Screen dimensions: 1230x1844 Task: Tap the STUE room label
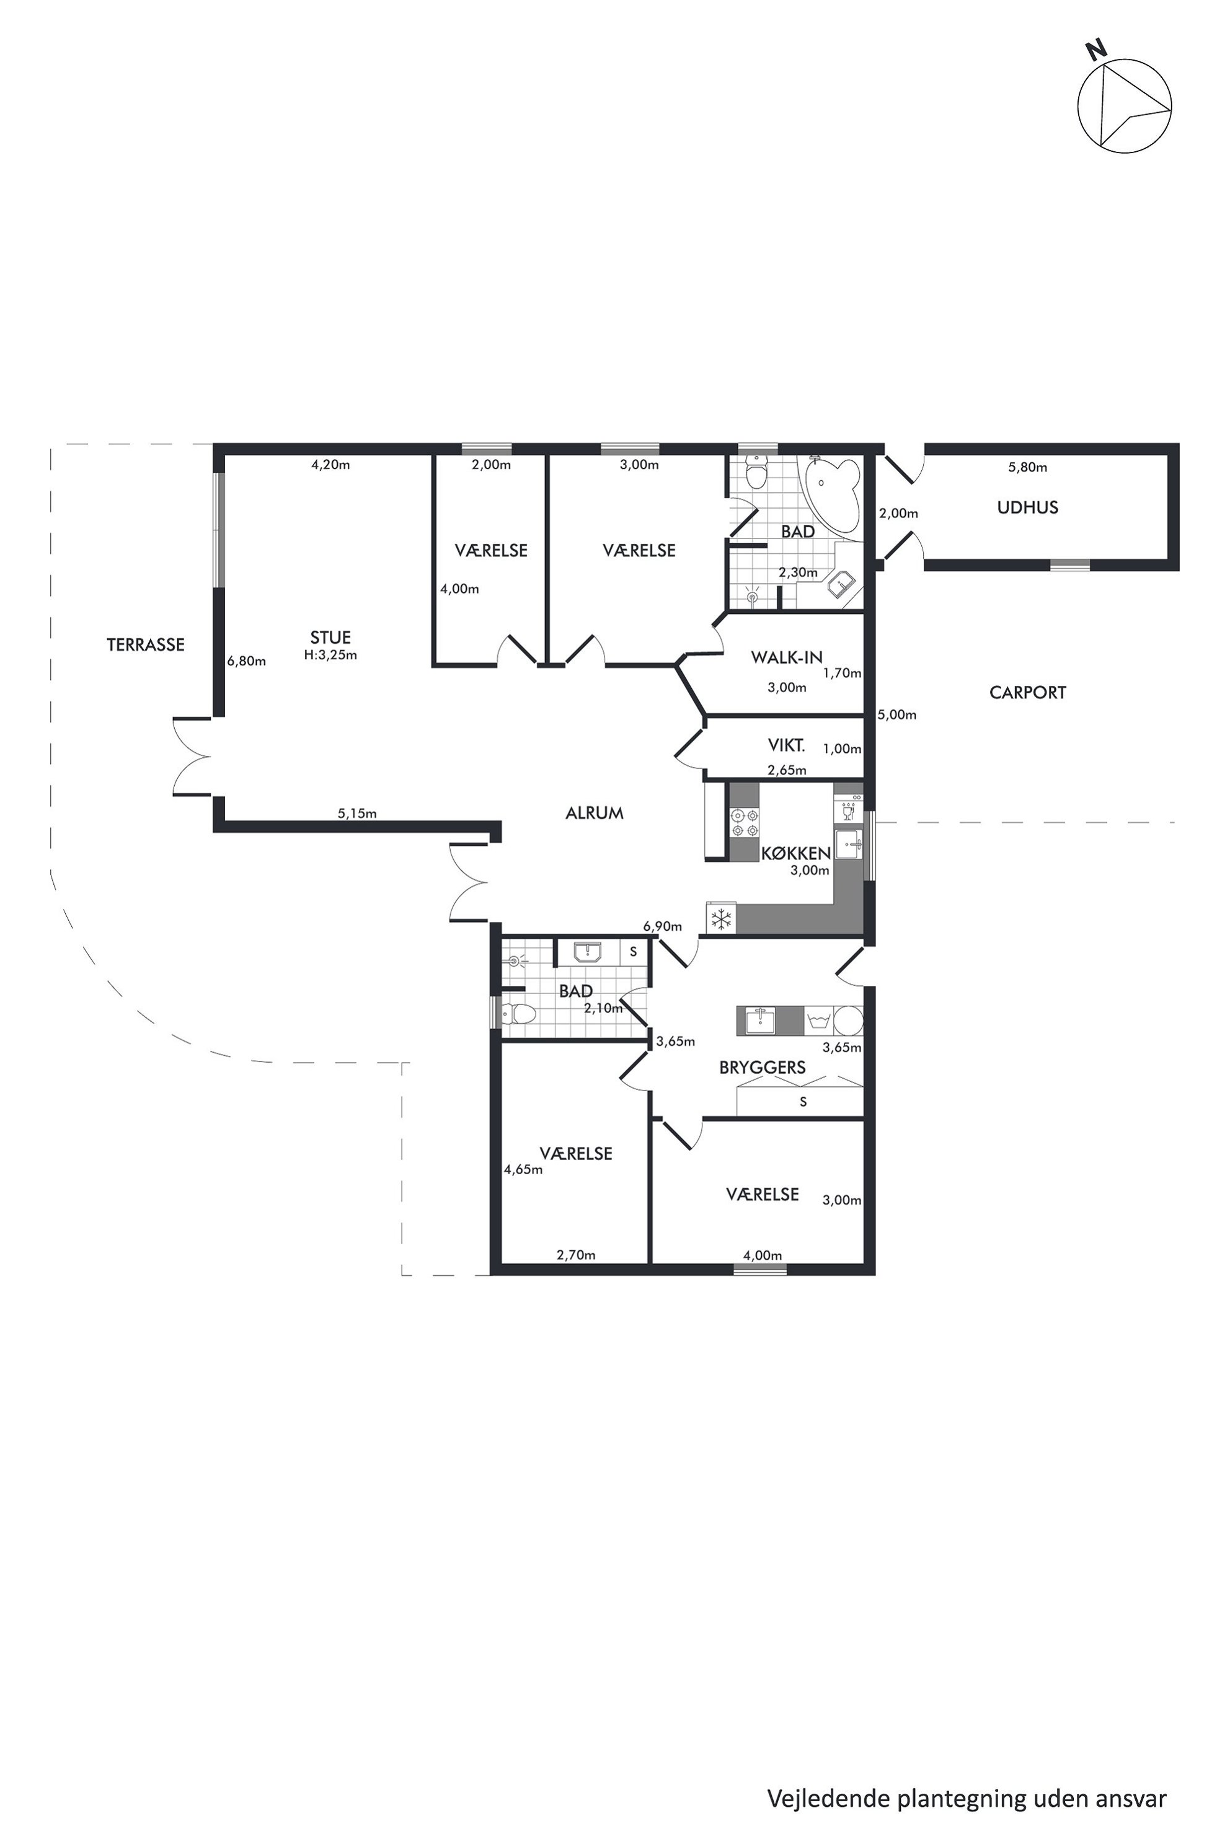tap(330, 638)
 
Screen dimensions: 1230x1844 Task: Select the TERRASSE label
tap(146, 644)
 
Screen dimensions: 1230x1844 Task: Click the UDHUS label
tap(1028, 507)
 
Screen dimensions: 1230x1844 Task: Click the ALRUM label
tap(595, 813)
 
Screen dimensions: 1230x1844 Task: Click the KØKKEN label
tap(796, 853)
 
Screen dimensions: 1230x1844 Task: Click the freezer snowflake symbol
tap(721, 919)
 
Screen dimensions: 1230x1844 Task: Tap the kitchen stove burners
tap(745, 822)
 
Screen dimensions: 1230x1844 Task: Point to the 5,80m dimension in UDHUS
tap(1028, 467)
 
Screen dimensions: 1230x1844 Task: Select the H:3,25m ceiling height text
tap(330, 655)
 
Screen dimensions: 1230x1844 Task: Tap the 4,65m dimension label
tap(523, 1170)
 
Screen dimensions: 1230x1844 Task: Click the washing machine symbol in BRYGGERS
tap(818, 1021)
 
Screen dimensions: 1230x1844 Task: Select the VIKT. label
tap(787, 745)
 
